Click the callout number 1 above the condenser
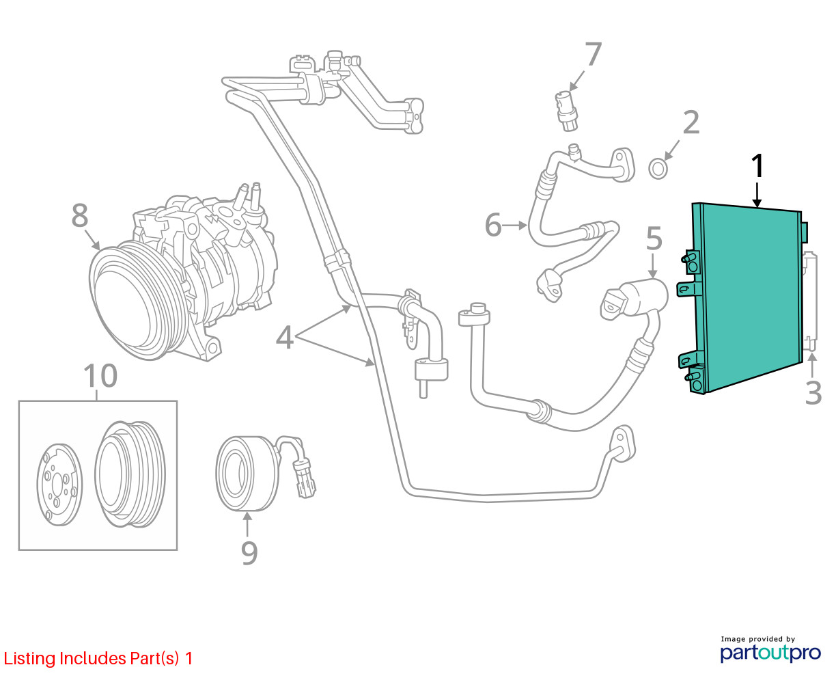click(757, 165)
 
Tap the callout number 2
click(691, 122)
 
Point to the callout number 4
click(285, 337)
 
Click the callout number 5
click(654, 238)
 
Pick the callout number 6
click(493, 225)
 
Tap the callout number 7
click(593, 54)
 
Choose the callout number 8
click(80, 215)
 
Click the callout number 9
click(249, 553)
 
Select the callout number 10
click(100, 375)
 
